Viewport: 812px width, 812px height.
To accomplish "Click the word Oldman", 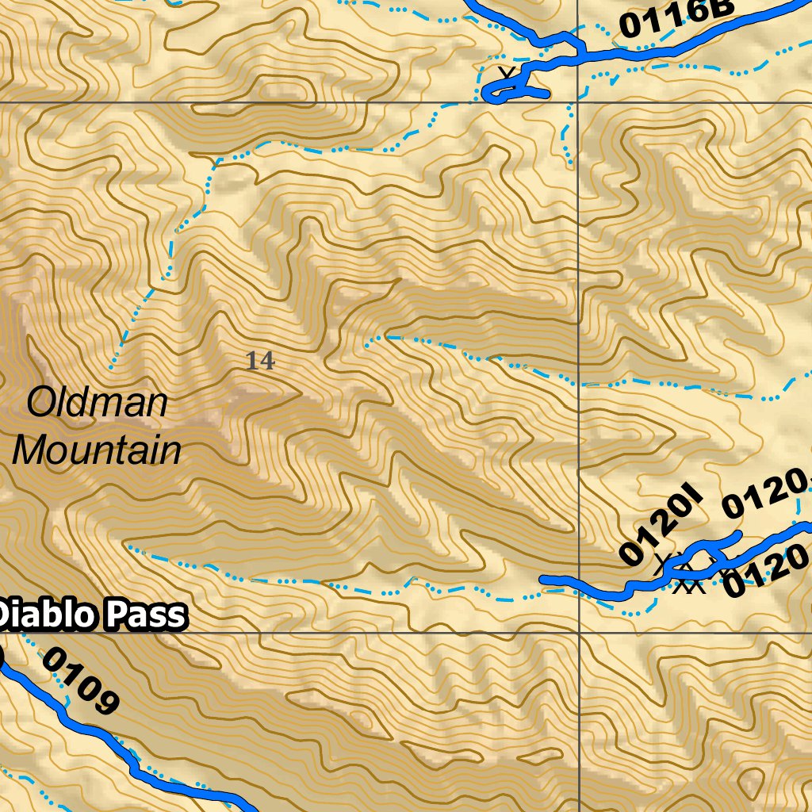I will pos(98,403).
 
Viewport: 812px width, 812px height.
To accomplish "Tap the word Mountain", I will pos(97,450).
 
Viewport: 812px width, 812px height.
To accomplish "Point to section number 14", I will pos(260,362).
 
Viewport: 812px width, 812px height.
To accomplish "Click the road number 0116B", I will pos(677,17).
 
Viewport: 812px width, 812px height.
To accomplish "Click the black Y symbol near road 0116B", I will pos(507,75).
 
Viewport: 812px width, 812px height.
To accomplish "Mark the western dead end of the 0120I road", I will pos(543,580).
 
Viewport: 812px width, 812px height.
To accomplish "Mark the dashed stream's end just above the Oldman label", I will pos(111,367).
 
